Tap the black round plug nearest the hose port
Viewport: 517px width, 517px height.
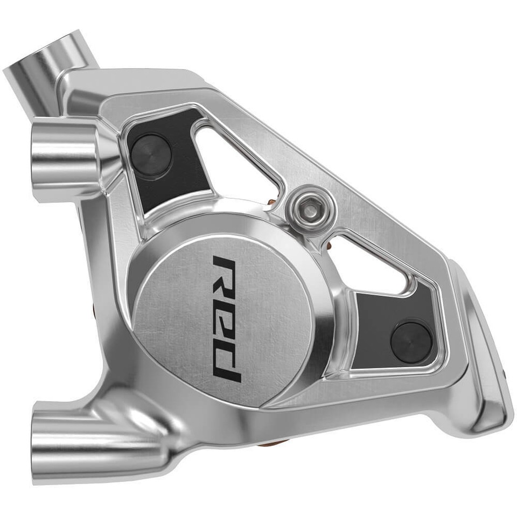[151, 155]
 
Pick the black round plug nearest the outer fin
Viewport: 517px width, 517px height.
[410, 341]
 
